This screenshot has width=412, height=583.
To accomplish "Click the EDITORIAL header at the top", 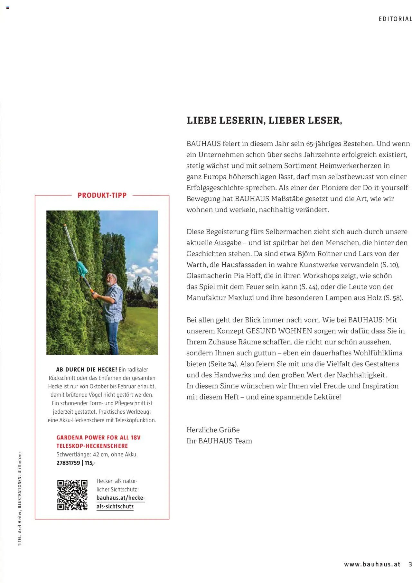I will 395,19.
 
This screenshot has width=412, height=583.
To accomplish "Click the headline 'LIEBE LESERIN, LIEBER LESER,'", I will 264,120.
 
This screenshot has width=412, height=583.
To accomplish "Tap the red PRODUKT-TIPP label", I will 102,195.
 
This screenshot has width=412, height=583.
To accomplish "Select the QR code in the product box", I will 72,495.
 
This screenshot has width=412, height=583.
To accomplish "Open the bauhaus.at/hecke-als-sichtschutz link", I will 120,502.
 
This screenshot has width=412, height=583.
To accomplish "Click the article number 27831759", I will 68,463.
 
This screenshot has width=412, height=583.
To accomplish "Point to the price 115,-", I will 90,463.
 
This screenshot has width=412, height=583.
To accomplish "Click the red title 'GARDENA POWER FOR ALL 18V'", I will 98,437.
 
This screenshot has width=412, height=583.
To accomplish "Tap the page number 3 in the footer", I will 410,564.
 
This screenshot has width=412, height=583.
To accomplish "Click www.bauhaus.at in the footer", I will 372,564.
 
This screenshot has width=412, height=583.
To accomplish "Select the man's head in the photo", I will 111,280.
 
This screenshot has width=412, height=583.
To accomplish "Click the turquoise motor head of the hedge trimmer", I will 82,268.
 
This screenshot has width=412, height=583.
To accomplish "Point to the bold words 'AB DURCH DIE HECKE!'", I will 87,370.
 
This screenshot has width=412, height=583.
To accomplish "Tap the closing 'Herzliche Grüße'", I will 213,430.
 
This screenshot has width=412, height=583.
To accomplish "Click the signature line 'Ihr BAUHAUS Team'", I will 219,441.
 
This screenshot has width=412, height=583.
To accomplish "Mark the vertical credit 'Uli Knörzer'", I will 20,462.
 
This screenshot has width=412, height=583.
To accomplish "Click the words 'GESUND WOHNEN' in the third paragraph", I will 279,331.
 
